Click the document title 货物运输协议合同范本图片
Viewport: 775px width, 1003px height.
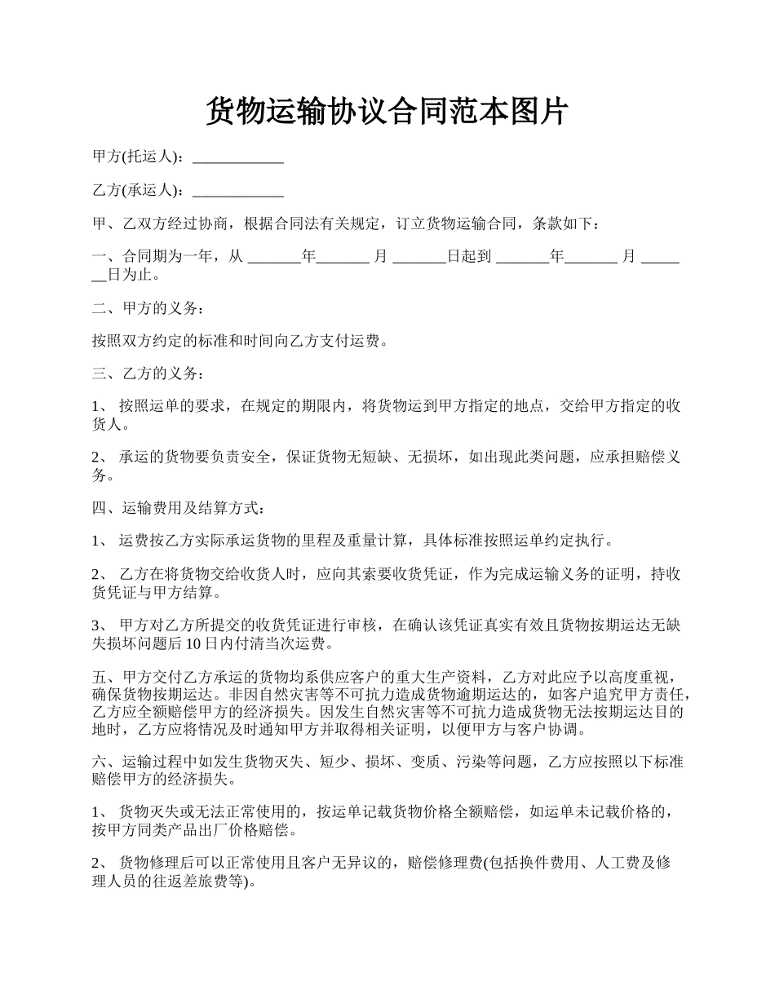click(387, 111)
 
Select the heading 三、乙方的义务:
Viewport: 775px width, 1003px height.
click(144, 373)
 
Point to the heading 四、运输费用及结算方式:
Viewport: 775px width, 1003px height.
click(179, 509)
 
